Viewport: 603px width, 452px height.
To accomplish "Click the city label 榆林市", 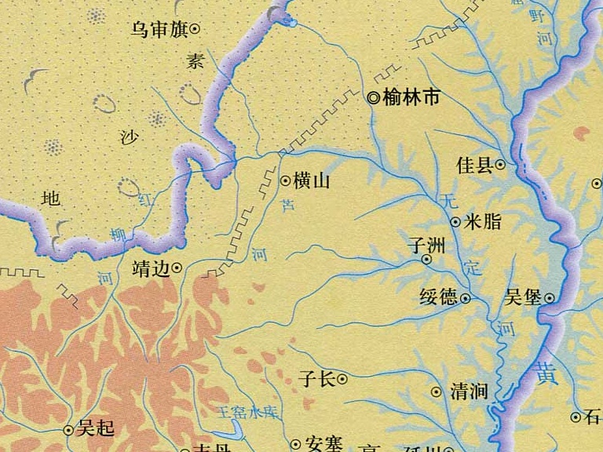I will click(411, 98).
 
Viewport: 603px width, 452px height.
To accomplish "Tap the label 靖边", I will click(151, 268).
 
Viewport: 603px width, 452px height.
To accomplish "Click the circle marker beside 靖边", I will click(177, 268).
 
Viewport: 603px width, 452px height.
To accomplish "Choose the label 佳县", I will click(474, 165).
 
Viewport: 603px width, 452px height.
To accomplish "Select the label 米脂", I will click(483, 222).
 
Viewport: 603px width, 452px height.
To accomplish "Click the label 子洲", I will click(427, 244).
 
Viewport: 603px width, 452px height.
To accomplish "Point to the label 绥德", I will click(438, 297).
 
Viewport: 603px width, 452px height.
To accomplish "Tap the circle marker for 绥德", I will click(465, 298).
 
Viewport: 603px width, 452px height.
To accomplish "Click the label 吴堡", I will click(524, 297).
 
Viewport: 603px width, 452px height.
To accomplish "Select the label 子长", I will click(317, 379).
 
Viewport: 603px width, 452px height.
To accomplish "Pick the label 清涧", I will click(470, 392).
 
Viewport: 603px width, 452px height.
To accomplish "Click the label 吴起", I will click(96, 429).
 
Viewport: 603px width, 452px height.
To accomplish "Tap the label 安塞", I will click(322, 444).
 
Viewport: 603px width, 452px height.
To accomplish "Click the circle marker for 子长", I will click(343, 380).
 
